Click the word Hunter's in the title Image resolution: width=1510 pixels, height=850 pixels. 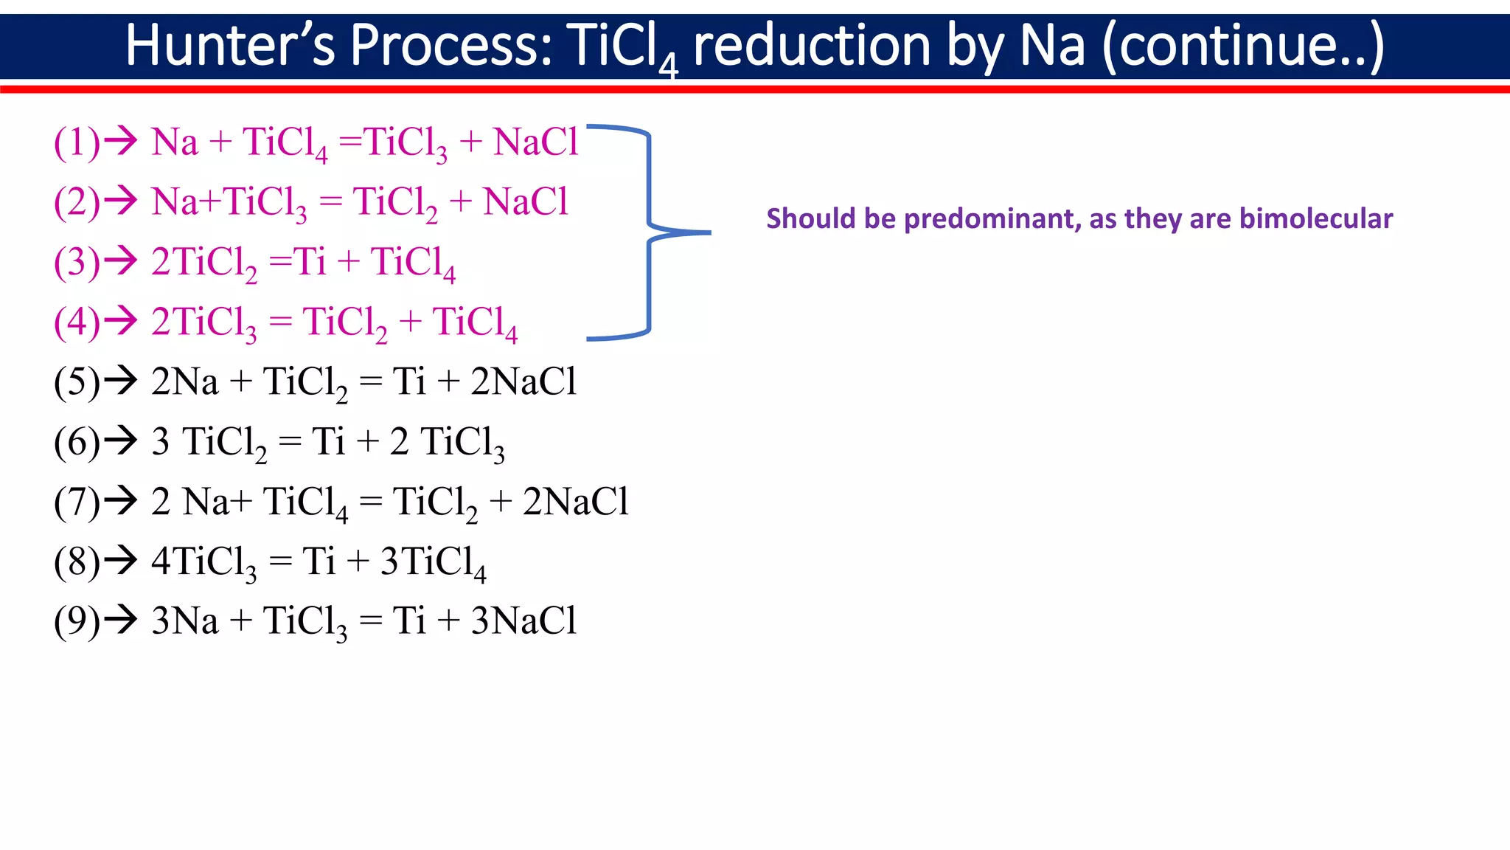[x=229, y=46]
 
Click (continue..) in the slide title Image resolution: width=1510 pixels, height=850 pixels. [x=1243, y=46]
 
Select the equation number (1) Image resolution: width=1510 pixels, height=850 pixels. [x=76, y=142]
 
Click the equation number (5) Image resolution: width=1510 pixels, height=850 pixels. [x=76, y=382]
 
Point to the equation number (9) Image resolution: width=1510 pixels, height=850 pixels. [x=76, y=621]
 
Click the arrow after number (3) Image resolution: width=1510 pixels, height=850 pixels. [x=120, y=260]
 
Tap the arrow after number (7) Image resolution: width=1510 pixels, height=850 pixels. [x=120, y=500]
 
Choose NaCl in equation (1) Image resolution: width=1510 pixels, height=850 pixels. [x=535, y=142]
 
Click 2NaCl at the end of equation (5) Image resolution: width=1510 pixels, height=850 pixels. [x=523, y=382]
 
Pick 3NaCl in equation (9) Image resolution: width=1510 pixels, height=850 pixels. [x=523, y=621]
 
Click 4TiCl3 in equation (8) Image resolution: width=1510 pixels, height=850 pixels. [x=203, y=562]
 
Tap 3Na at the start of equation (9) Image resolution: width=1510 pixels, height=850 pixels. [x=184, y=621]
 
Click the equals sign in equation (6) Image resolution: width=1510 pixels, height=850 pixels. [x=290, y=443]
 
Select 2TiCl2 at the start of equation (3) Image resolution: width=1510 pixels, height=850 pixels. [x=203, y=263]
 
